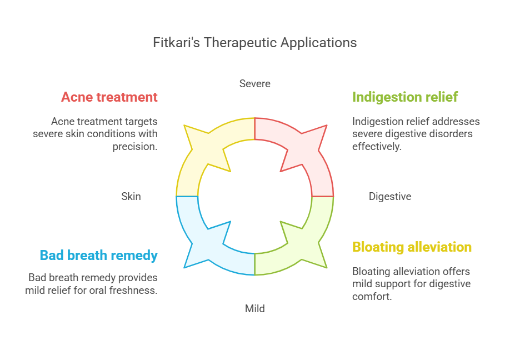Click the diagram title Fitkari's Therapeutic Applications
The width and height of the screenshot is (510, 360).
coord(254,43)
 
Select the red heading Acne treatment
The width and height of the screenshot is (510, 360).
coord(109,97)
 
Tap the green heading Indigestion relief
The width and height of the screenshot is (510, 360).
coord(405,97)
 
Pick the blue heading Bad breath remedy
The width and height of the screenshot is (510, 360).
coord(98,256)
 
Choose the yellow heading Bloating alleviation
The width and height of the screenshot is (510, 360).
coord(412,247)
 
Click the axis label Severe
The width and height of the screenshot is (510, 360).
coord(254,83)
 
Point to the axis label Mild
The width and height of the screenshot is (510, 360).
coord(254,308)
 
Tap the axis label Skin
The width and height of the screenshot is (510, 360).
coord(131,197)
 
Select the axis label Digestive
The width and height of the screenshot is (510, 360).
coord(389,197)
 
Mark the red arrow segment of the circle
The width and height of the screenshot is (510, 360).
coord(312,153)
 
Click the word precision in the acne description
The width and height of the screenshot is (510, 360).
coord(135,147)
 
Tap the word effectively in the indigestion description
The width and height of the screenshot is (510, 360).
coord(377,147)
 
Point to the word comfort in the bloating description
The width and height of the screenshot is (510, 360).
coord(372,297)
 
